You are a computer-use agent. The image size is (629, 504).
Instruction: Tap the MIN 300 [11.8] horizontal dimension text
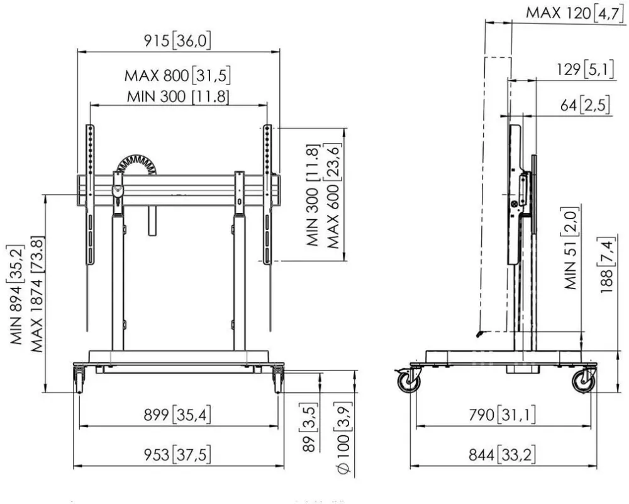(178, 97)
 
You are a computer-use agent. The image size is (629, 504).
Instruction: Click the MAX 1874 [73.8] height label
(36, 294)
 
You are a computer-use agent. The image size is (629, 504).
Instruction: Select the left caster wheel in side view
(409, 381)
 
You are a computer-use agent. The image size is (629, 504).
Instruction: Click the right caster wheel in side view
(584, 381)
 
